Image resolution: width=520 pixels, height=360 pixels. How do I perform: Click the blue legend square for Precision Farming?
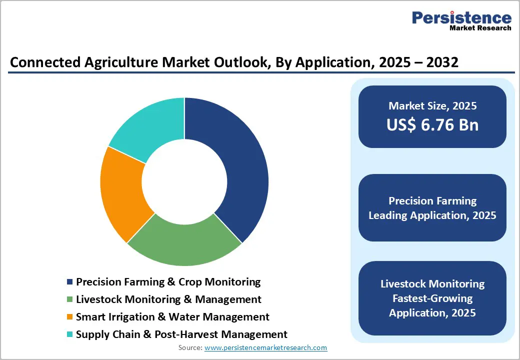[x=70, y=282]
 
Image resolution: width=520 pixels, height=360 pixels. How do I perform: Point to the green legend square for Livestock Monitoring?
[x=70, y=300]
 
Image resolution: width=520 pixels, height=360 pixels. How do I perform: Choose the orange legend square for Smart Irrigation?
[x=70, y=317]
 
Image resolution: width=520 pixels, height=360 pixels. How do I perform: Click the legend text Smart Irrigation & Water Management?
[x=172, y=317]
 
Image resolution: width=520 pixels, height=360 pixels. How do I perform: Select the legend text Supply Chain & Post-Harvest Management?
[x=181, y=334]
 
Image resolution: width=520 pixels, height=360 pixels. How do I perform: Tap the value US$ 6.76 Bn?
[x=432, y=125]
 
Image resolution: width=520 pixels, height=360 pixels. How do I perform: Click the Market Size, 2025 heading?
[x=432, y=106]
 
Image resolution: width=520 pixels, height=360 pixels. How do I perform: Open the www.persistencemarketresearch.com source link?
[x=266, y=347]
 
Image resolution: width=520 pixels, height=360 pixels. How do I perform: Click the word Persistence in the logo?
[x=461, y=18]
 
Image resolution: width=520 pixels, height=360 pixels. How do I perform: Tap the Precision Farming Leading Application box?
[x=432, y=208]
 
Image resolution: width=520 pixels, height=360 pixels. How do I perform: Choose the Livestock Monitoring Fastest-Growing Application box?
[x=432, y=298]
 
